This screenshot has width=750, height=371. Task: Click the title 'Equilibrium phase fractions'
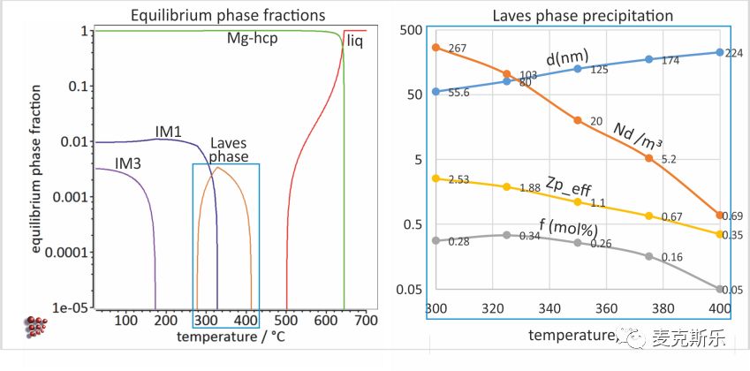[x=228, y=15]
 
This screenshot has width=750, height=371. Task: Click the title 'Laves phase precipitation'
[x=582, y=16]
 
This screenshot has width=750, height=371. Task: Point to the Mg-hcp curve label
[x=252, y=39]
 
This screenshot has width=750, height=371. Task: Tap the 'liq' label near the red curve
[x=355, y=42]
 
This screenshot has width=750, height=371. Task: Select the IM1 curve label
[x=169, y=132]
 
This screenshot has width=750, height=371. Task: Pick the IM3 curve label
[x=128, y=163]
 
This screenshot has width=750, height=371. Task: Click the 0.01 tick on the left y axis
[x=77, y=142]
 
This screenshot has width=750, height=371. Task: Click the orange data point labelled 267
[x=436, y=48]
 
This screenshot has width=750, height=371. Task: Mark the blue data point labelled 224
[x=719, y=52]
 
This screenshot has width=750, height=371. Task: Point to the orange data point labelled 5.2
[x=648, y=158]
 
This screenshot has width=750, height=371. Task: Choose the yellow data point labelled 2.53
[x=436, y=178]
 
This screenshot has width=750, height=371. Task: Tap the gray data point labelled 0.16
[x=648, y=256]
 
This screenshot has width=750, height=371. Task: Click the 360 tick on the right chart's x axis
[x=606, y=308]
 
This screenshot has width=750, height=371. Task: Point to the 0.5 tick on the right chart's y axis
[x=413, y=224]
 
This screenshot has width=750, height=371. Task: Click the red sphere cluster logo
[x=36, y=327]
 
